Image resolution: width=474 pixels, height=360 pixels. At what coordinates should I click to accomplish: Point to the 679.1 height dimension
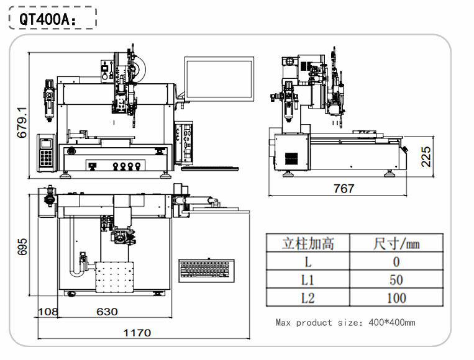point(22,122)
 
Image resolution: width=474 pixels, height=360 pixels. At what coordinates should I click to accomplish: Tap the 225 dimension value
point(426,156)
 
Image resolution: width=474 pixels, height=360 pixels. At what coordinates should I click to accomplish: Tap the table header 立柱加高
point(308,243)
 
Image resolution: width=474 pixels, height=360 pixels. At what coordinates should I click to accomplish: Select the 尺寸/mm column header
point(396,243)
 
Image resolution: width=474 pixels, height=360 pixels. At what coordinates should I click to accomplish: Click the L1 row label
point(308,279)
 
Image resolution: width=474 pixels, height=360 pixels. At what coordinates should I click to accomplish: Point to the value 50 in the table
point(396,279)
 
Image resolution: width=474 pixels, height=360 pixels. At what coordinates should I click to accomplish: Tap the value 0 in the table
point(396,261)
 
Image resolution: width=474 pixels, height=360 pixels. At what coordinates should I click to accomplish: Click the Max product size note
point(345,322)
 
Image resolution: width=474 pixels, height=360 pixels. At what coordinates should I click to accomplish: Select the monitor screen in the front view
point(219,79)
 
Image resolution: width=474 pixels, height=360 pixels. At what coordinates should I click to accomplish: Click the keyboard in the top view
point(206,269)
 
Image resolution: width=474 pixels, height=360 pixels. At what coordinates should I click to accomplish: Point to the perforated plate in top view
point(115,277)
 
